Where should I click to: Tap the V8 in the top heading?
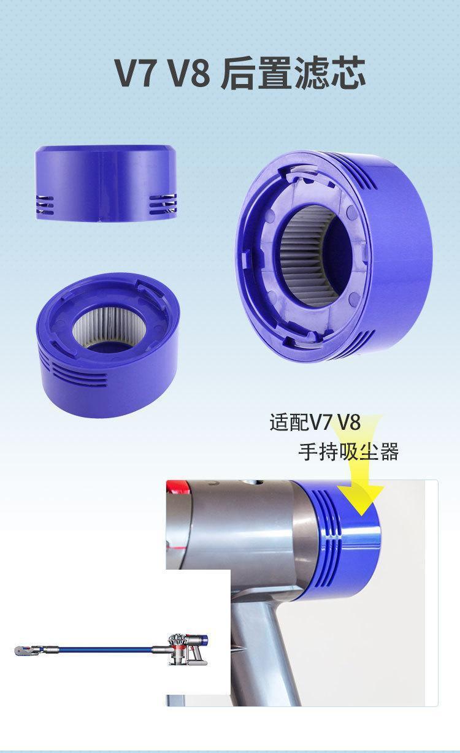189,73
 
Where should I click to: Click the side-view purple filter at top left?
106,183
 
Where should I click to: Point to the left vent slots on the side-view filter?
45,205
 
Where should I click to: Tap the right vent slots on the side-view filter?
163,204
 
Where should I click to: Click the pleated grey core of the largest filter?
308,256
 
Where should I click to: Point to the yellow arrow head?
361,499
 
